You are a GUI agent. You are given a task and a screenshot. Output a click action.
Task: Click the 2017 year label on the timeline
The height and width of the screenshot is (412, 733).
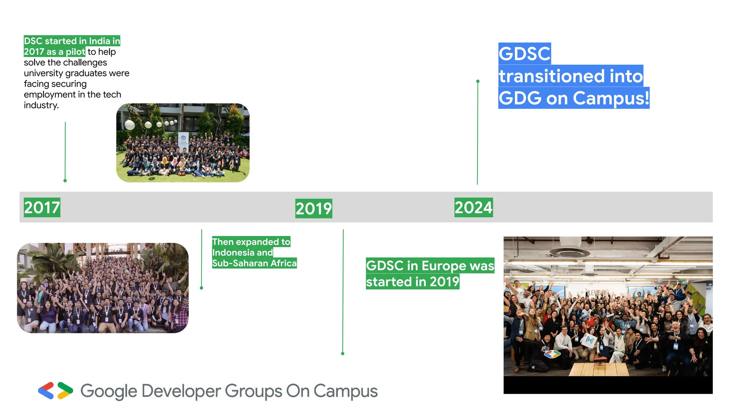tap(42, 207)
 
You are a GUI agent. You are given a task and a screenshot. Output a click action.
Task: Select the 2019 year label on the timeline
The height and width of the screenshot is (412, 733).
tap(314, 209)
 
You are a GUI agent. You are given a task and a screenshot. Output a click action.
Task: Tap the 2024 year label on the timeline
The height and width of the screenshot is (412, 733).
tap(473, 207)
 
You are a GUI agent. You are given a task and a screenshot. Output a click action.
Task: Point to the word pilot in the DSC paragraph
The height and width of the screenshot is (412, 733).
tap(75, 52)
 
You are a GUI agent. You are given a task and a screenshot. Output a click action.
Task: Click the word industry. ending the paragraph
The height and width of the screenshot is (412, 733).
tap(41, 105)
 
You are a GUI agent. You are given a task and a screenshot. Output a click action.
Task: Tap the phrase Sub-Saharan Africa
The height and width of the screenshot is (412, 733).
tap(254, 263)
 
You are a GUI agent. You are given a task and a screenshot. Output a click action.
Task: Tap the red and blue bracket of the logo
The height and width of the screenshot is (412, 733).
tap(46, 391)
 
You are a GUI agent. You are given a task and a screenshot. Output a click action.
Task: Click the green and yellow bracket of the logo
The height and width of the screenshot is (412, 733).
tap(65, 391)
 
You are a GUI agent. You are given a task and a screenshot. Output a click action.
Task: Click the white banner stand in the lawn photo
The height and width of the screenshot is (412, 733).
tap(183, 142)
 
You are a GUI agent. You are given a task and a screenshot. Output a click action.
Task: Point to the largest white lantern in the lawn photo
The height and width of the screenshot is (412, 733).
tap(130, 125)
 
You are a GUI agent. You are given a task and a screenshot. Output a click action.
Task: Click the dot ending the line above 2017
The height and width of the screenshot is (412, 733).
tap(65, 181)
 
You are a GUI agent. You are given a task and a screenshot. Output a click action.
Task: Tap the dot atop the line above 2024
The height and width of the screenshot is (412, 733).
tap(478, 82)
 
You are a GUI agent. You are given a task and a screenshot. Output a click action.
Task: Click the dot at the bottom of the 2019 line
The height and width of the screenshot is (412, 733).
tap(343, 353)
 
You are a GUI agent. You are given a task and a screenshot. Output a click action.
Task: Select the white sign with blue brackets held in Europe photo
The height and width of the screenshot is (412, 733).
tap(589, 340)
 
